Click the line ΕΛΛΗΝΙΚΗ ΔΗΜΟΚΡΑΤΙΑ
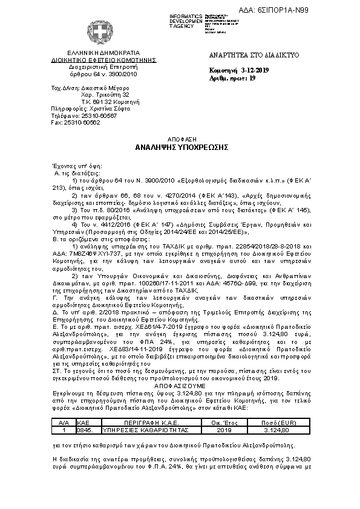pyautogui.click(x=102, y=54)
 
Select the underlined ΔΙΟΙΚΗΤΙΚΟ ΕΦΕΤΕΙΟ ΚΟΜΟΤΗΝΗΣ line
pyautogui.click(x=102, y=60)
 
